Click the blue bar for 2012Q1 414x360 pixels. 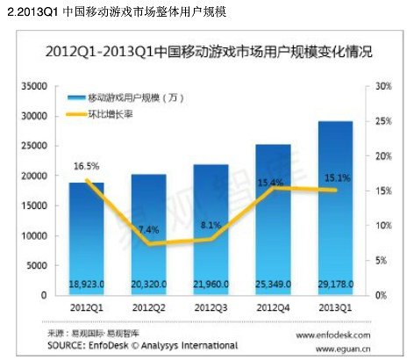(87, 237)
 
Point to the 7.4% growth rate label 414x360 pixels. (149, 229)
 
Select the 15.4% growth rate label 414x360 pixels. (273, 182)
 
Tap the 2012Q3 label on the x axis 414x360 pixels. (211, 306)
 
